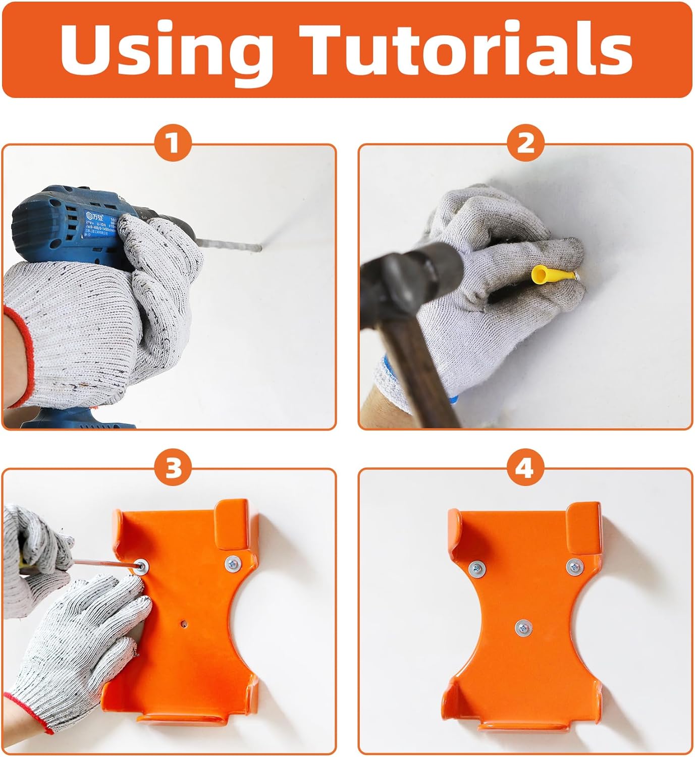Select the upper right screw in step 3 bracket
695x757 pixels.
pyautogui.click(x=233, y=562)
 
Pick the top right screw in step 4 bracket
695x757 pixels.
pyautogui.click(x=574, y=566)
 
